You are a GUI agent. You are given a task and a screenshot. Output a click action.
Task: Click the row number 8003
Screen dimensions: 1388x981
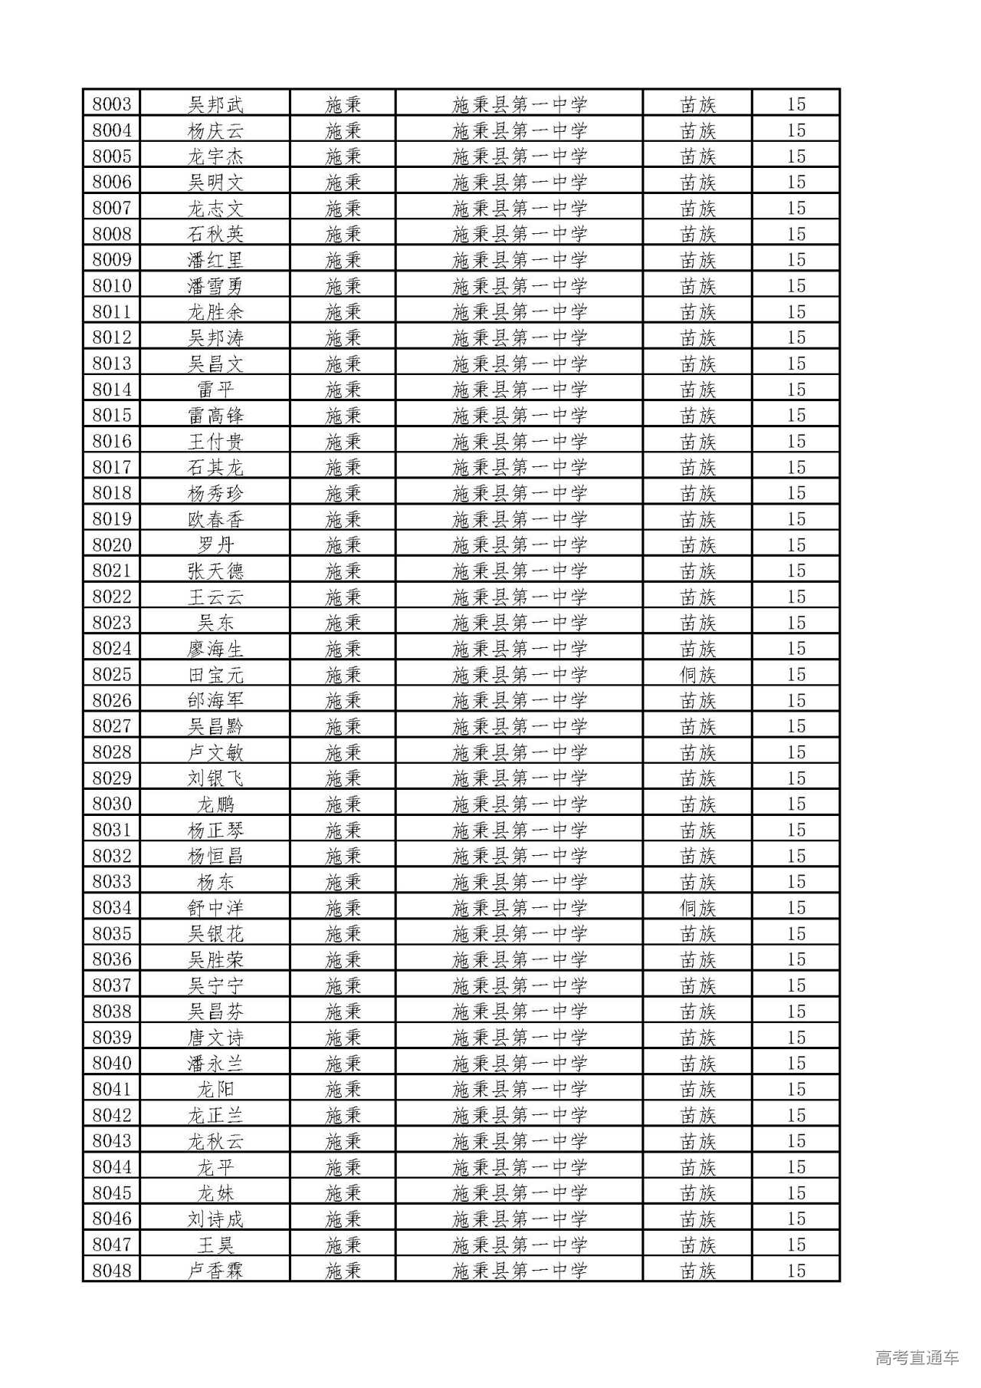112,104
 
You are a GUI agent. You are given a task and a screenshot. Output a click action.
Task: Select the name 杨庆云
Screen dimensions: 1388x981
215,130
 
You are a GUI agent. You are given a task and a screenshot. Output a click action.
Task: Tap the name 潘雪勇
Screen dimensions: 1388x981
215,286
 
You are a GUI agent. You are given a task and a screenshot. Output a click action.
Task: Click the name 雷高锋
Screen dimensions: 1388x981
215,416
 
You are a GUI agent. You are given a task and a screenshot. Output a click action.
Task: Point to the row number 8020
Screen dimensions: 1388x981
112,545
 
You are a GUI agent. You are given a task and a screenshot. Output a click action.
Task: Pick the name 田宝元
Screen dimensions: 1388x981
215,675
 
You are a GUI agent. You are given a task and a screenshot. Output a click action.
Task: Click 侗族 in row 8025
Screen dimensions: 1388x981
697,675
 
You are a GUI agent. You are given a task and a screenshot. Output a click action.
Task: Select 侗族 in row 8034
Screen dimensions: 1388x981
697,908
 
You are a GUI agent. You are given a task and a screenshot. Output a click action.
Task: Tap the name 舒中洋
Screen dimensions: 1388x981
215,908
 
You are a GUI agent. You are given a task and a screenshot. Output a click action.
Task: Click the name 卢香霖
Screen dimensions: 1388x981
215,1271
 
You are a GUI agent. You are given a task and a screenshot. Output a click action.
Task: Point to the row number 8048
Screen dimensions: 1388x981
112,1271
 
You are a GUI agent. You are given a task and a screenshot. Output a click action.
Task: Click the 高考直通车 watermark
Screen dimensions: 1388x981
917,1357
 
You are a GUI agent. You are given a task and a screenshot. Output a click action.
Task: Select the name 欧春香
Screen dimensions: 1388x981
215,519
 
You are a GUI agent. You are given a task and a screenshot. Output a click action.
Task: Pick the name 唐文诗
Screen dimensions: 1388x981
215,1038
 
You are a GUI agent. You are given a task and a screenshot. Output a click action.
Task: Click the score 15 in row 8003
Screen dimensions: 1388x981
796,104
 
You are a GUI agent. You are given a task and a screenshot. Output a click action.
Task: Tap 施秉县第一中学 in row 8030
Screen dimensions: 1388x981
520,804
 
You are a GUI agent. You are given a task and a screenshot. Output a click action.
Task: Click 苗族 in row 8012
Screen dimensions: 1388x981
697,337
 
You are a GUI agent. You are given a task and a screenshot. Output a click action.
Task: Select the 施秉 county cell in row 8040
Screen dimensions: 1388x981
343,1064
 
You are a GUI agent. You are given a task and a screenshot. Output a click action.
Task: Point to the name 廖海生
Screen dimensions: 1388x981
215,649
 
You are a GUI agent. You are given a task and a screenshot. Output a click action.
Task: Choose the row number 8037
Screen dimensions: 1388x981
112,985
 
